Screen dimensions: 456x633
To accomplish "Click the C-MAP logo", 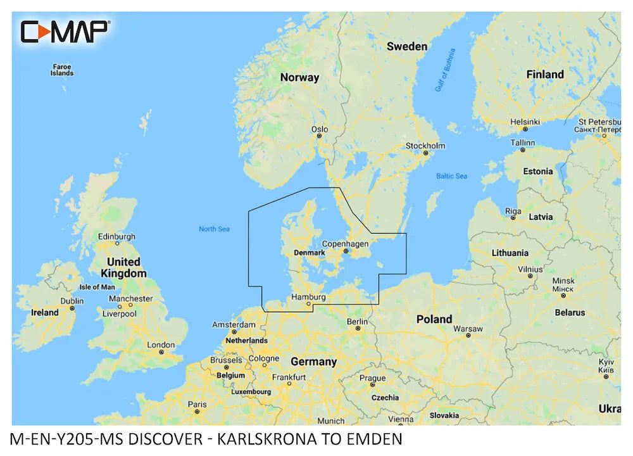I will pyautogui.click(x=65, y=30).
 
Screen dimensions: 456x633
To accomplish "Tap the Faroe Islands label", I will pyautogui.click(x=62, y=70).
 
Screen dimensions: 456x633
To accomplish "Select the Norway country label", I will pyautogui.click(x=300, y=77).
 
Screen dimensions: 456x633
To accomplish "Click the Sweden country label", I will pyautogui.click(x=406, y=46).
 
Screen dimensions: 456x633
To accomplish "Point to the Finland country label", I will pyautogui.click(x=544, y=74).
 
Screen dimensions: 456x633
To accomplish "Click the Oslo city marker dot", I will pyautogui.click(x=320, y=136).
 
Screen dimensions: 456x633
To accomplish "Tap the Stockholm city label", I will pyautogui.click(x=425, y=146).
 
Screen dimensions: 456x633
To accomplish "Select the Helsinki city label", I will pyautogui.click(x=525, y=121).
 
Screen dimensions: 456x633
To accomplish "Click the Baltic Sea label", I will pyautogui.click(x=452, y=175).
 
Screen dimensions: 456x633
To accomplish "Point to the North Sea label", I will pyautogui.click(x=214, y=229).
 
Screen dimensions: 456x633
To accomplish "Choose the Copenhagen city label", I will pyautogui.click(x=345, y=244).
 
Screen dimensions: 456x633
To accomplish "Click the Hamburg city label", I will pyautogui.click(x=308, y=296).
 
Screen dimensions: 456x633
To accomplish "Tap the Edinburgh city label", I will pyautogui.click(x=116, y=237).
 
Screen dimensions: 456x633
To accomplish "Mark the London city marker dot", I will pyautogui.click(x=163, y=351).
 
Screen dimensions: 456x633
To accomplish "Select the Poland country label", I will pyautogui.click(x=434, y=319).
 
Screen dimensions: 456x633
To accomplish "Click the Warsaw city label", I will pyautogui.click(x=468, y=329).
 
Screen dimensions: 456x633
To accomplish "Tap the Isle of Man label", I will pyautogui.click(x=97, y=287).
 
